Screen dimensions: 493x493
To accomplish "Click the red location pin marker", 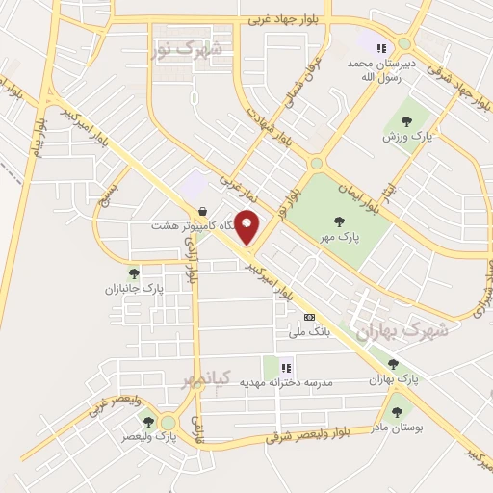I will [x=247, y=227].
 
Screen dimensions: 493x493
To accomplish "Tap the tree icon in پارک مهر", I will [x=339, y=221].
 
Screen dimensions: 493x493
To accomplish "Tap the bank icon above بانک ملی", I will [x=309, y=317].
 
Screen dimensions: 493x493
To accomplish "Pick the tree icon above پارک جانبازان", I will [x=134, y=272].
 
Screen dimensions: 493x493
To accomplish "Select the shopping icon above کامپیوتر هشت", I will [x=201, y=210].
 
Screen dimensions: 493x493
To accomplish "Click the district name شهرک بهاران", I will [x=402, y=330].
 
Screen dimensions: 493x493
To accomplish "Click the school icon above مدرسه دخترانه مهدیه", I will [x=286, y=367].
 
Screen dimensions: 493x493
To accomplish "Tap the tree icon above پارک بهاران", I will [x=393, y=364].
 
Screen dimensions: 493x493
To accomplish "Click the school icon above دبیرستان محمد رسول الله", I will [x=382, y=47].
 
